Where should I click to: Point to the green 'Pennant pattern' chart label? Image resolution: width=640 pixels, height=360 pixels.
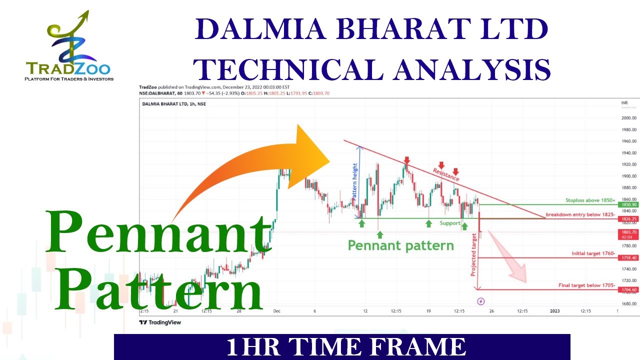click(400, 245)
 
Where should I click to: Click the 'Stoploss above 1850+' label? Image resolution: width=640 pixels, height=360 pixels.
click(590, 200)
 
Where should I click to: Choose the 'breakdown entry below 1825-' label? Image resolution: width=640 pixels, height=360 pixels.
click(580, 214)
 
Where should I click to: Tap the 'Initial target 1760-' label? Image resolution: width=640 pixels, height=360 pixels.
click(593, 253)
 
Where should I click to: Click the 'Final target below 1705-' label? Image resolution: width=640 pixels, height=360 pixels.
click(586, 285)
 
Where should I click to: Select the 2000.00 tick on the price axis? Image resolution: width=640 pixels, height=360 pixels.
click(628, 118)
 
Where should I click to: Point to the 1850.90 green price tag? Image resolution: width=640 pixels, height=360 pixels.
click(628, 205)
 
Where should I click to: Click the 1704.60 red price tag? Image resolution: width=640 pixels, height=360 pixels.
click(628, 289)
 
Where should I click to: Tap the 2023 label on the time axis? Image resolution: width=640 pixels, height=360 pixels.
click(554, 311)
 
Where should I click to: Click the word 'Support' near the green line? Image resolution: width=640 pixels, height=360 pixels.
click(449, 223)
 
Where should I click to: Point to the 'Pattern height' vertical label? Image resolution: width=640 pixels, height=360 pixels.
click(355, 182)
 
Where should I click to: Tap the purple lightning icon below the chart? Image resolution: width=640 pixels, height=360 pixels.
click(481, 301)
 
